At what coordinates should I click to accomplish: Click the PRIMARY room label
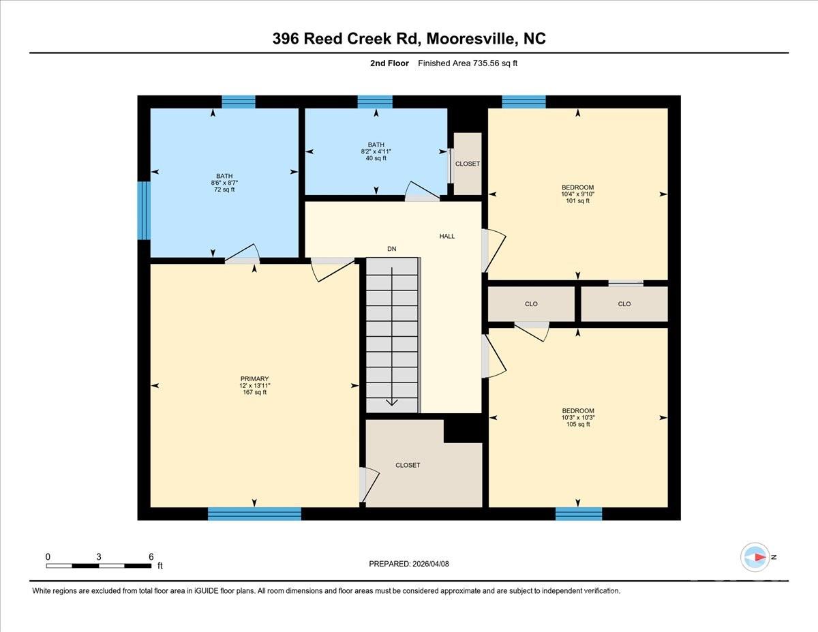tap(254, 379)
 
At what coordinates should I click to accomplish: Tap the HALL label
tap(446, 236)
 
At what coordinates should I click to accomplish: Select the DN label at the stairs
tap(391, 249)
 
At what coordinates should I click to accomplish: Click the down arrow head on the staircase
tap(392, 402)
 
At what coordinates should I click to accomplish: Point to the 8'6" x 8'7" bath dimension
tap(224, 183)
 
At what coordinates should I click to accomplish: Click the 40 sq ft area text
tap(376, 158)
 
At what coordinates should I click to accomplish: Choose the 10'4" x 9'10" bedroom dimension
tap(577, 194)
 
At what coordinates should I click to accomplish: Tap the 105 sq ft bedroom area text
tap(577, 424)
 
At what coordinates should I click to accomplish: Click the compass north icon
tap(755, 557)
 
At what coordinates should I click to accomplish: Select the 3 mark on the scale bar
tap(99, 556)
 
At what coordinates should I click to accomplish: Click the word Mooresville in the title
tap(471, 39)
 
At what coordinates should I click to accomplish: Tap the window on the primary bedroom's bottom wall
tap(254, 513)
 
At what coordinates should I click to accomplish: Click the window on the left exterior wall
tap(143, 210)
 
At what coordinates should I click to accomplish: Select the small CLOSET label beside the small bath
tap(468, 164)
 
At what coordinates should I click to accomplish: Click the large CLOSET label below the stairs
tap(408, 465)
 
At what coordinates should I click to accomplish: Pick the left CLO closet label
tap(531, 304)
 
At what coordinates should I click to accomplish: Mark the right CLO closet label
tap(624, 304)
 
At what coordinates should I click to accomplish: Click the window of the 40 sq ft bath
tap(375, 102)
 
